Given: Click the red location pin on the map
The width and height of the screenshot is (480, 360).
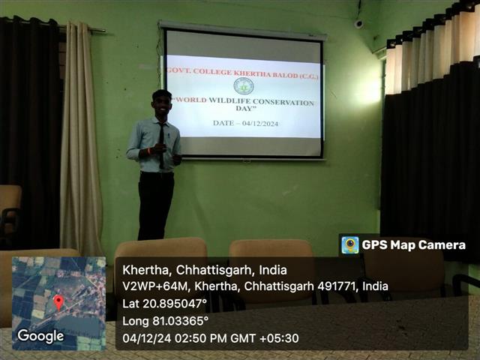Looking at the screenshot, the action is point(58,302).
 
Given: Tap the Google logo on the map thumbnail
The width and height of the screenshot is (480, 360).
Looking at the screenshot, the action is point(40,336).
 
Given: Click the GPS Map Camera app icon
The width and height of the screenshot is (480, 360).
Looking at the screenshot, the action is point(350,245).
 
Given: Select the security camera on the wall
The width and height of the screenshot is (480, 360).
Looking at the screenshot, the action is point(358,24).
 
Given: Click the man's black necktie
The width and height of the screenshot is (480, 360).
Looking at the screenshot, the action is point(161,145).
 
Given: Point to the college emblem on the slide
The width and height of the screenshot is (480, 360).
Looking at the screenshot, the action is point(244,86).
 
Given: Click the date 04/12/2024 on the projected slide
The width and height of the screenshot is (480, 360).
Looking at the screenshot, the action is point(260,124).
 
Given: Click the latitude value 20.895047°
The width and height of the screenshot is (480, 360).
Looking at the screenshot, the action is point(175,304).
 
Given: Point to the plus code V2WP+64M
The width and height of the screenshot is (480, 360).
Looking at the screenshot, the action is point(154,286).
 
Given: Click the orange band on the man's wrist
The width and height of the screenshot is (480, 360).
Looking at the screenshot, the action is point(149,151).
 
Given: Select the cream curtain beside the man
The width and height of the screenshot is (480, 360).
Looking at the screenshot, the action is point(80,138).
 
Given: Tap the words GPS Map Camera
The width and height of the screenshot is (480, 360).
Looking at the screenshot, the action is point(414,245).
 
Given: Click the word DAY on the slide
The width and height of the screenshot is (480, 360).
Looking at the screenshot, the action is point(245,108).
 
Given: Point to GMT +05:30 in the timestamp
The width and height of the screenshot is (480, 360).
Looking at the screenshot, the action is point(265,338).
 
